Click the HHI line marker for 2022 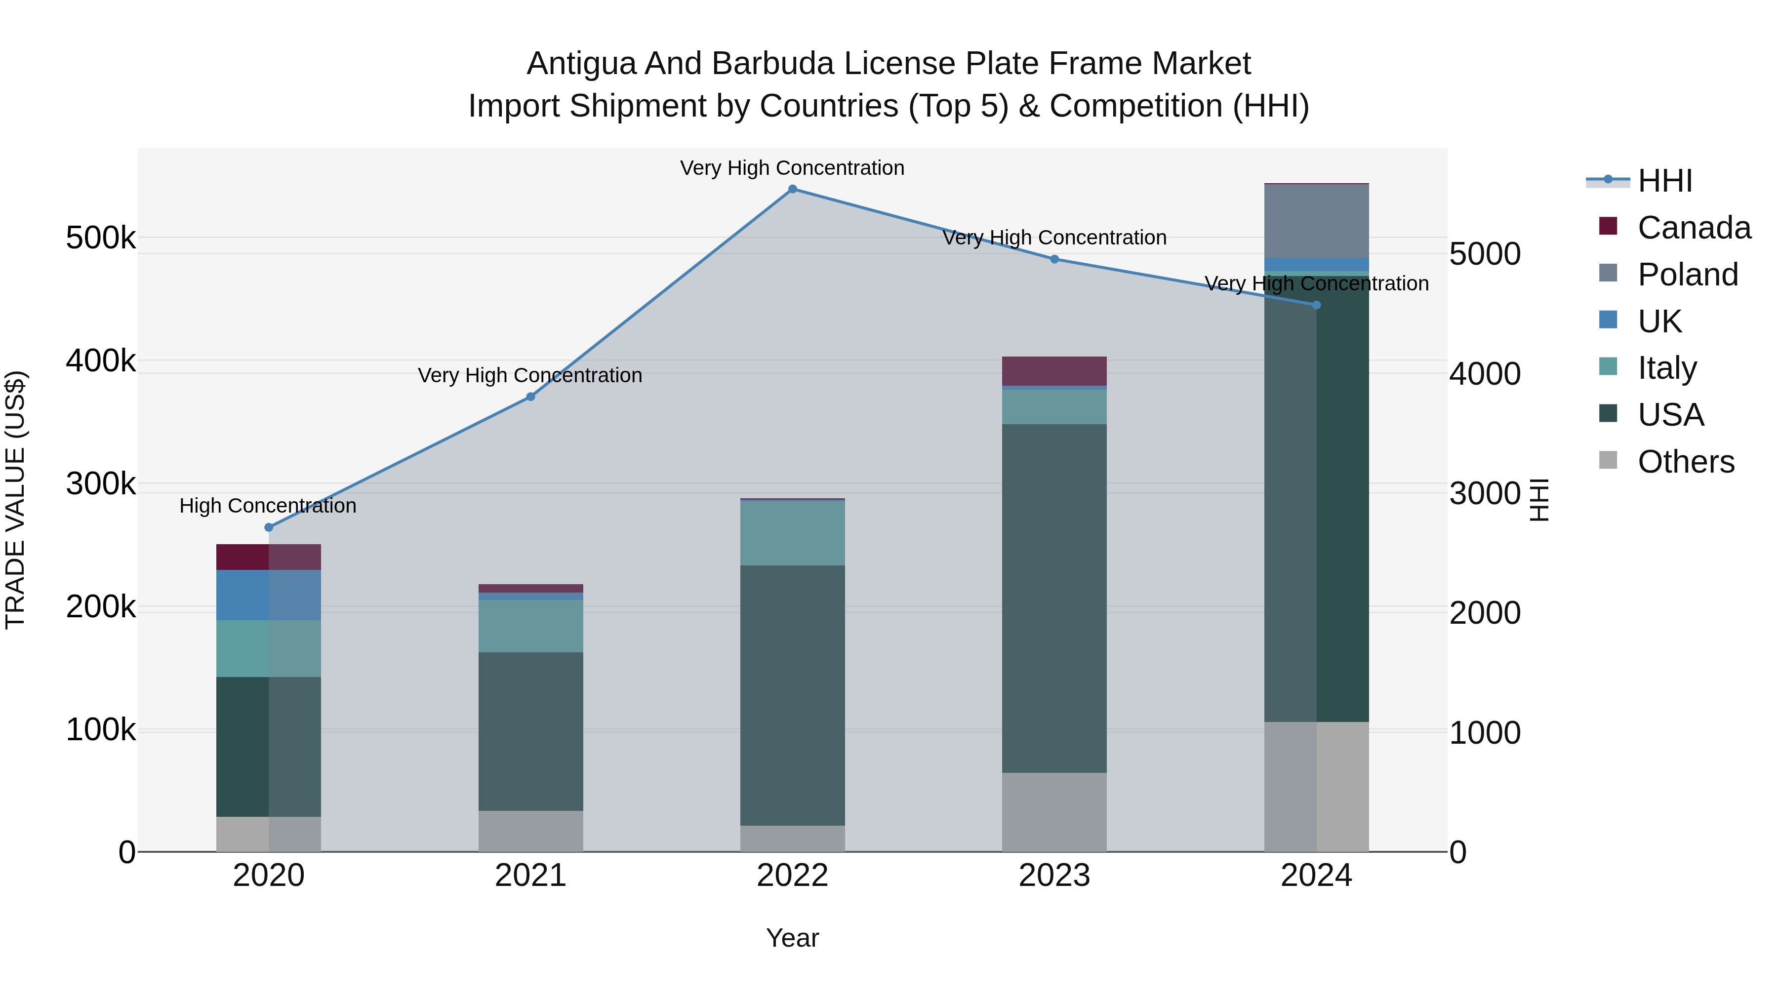[x=792, y=189]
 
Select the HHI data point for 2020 [x=269, y=528]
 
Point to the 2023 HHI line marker [x=1054, y=259]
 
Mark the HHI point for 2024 [x=1316, y=305]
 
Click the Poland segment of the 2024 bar [x=1316, y=221]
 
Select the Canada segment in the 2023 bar [x=1054, y=371]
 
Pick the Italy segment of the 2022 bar [x=792, y=533]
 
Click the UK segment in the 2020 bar [x=269, y=595]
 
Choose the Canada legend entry [x=1694, y=228]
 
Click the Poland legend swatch [x=1608, y=274]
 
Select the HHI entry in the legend [x=1665, y=181]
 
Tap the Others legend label [x=1686, y=462]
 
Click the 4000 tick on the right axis [x=1485, y=373]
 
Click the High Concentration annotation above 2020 [x=268, y=506]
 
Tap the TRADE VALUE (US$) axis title [x=15, y=500]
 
